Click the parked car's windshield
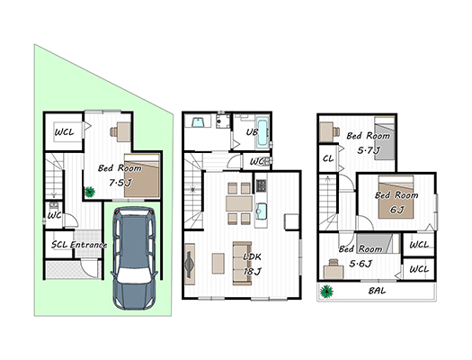pyautogui.click(x=134, y=275)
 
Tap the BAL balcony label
pyautogui.click(x=377, y=291)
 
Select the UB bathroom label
pyautogui.click(x=252, y=132)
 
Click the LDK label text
pyautogui.click(x=252, y=257)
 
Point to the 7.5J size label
pyautogui.click(x=120, y=183)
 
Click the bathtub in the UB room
pyautogui.click(x=263, y=134)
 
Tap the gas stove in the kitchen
pyautogui.click(x=261, y=185)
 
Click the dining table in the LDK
pyautogui.click(x=239, y=203)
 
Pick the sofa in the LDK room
pyautogui.click(x=243, y=263)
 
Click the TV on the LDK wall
pyautogui.click(x=190, y=265)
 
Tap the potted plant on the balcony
pyautogui.click(x=326, y=292)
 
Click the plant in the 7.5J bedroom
pyautogui.click(x=90, y=192)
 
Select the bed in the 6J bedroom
pyautogui.click(x=396, y=197)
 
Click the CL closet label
pyautogui.click(x=328, y=158)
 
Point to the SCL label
pyautogui.click(x=59, y=245)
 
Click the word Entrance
pyautogui.click(x=88, y=245)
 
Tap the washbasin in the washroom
pyautogui.click(x=198, y=122)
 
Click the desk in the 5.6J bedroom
pyautogui.click(x=334, y=270)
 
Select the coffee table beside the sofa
pyautogui.click(x=218, y=264)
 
